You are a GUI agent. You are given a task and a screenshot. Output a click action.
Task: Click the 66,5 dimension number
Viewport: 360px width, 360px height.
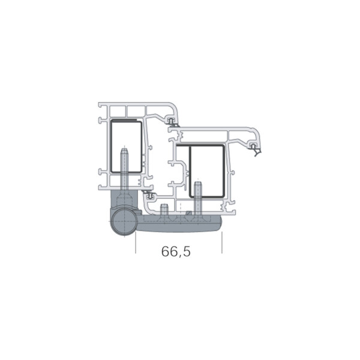[176, 252]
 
